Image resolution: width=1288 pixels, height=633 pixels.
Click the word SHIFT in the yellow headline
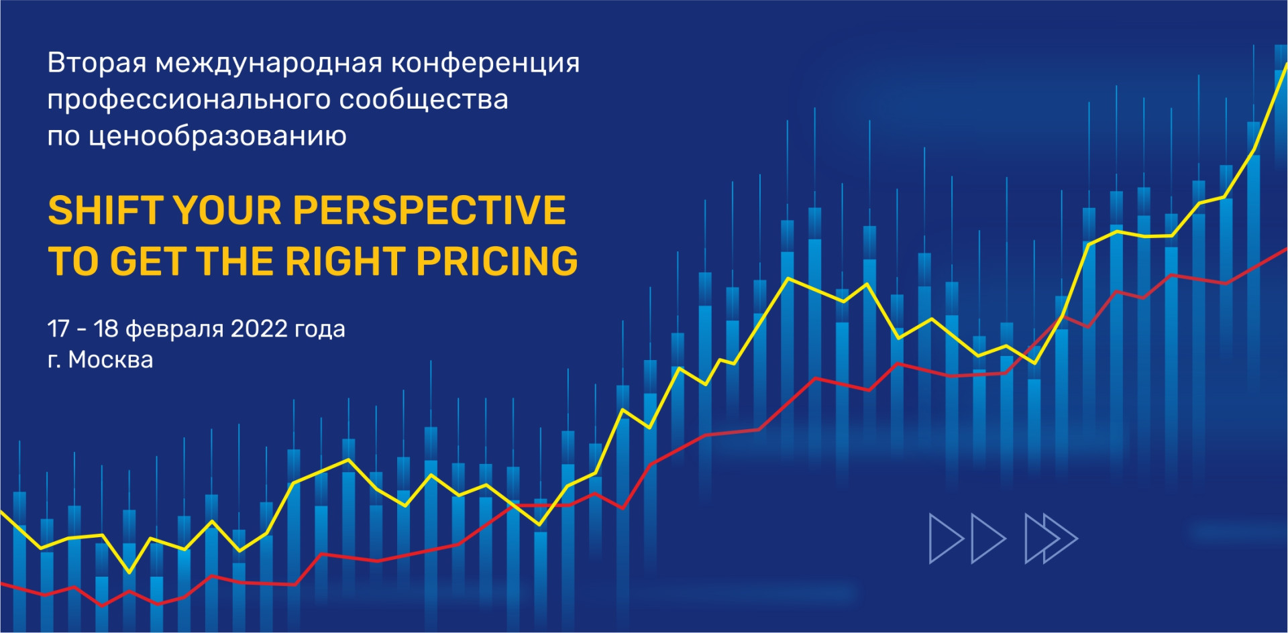coord(106,211)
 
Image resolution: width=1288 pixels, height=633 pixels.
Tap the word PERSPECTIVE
coord(429,211)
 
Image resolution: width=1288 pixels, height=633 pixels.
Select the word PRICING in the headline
coord(497,261)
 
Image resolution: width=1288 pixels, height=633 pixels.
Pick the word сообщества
coord(424,100)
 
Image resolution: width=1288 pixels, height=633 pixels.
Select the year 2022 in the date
coord(259,329)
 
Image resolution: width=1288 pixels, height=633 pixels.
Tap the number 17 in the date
coord(58,329)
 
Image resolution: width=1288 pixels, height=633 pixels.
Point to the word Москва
coord(111,359)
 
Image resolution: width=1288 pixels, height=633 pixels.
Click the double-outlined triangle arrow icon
coord(1051,538)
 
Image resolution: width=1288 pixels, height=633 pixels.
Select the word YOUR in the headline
coord(228,211)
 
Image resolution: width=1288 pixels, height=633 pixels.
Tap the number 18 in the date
coord(106,329)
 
